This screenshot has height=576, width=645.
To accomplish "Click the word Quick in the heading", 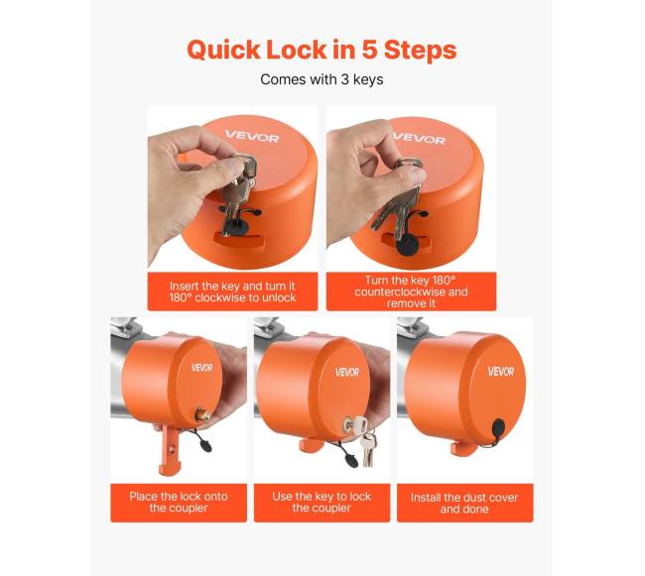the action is [x=223, y=51].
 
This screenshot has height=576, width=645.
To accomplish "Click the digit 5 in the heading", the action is [x=370, y=50].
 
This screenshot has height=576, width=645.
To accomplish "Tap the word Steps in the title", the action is [x=420, y=51].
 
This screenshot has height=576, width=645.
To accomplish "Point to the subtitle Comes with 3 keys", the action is [x=322, y=79].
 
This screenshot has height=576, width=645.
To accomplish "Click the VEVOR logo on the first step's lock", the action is [x=252, y=136].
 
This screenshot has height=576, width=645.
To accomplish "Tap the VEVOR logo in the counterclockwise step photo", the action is [x=420, y=138].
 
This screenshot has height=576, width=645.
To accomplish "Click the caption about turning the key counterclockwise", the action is [x=411, y=291].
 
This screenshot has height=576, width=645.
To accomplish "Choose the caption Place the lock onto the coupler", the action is [x=179, y=502].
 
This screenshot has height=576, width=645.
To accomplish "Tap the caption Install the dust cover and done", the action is [x=464, y=504].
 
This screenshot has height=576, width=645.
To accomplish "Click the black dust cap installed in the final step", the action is [x=498, y=429].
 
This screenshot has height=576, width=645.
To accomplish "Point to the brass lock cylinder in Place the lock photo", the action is [x=201, y=413].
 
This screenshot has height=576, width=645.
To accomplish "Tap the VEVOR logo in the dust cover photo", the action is [x=500, y=372].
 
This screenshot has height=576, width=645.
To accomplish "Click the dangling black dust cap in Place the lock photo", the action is [x=204, y=445].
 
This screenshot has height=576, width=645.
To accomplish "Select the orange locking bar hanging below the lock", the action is [x=170, y=451].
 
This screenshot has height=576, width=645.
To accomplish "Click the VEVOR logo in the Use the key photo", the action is [x=347, y=372].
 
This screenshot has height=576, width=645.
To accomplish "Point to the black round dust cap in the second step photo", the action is [x=407, y=246].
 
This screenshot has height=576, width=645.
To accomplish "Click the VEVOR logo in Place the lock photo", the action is [x=202, y=367].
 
